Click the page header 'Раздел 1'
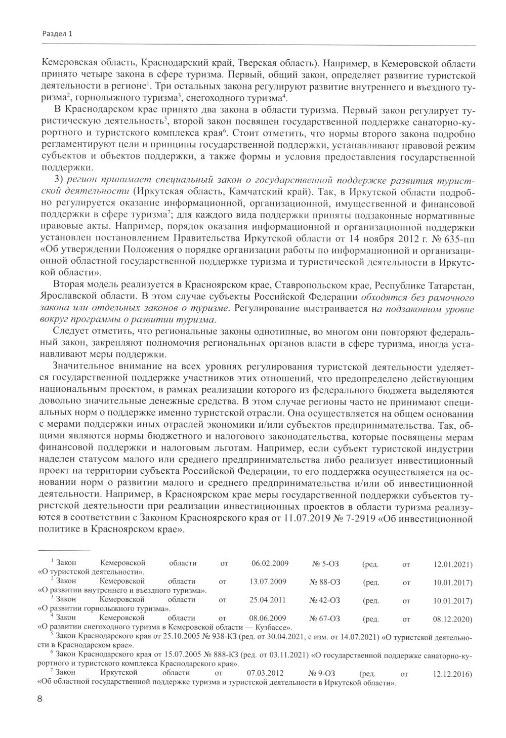click(56, 34)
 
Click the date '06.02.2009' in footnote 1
click(270, 563)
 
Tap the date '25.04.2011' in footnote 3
click(268, 600)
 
